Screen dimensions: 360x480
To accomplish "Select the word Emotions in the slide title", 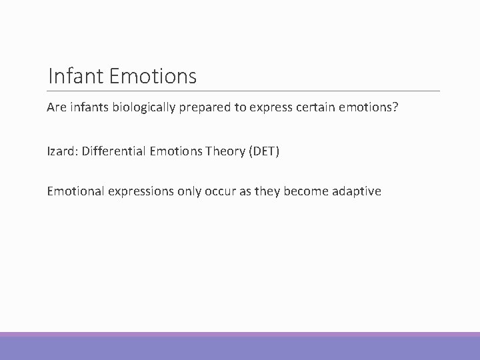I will click(x=152, y=77).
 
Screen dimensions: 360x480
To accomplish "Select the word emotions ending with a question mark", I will click(x=355, y=108).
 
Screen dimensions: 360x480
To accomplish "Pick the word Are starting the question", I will click(x=57, y=108).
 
